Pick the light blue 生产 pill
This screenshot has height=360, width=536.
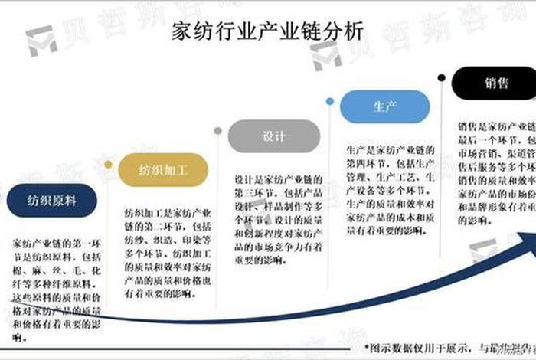coord(384,106)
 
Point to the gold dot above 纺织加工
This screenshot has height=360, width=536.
coord(108,164)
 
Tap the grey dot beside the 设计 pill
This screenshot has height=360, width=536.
coord(218,131)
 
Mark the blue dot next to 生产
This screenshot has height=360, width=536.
coord(329,101)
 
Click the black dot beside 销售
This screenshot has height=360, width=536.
coord(441,78)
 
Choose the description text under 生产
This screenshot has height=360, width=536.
coord(391,188)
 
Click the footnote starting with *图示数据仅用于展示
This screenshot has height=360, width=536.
coord(450,347)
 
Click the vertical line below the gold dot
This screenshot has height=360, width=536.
coord(108,245)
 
